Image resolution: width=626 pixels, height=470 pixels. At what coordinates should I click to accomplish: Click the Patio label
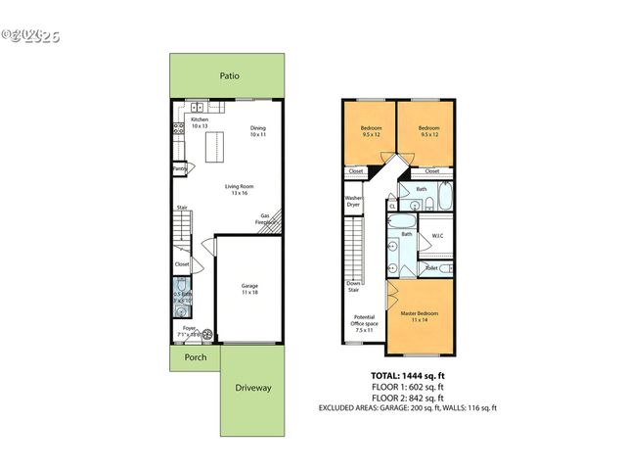(x=229, y=75)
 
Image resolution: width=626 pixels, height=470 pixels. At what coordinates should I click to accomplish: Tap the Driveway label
(x=252, y=388)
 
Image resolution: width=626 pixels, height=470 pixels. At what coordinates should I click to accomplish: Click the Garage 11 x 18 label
(x=249, y=289)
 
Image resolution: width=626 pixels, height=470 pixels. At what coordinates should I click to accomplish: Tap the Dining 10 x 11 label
(x=257, y=130)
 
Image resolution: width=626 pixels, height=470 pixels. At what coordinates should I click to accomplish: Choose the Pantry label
(x=180, y=168)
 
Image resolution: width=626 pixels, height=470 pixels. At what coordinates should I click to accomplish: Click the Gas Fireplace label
(x=264, y=219)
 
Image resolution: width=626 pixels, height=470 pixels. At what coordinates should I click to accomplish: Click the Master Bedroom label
(x=419, y=316)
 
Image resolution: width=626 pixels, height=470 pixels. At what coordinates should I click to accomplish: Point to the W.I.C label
(x=437, y=236)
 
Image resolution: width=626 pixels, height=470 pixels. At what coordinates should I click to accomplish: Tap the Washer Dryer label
(x=353, y=201)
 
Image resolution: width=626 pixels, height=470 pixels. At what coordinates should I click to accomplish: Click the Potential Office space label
(x=363, y=324)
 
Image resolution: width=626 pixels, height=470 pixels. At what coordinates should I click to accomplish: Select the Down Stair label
(x=352, y=286)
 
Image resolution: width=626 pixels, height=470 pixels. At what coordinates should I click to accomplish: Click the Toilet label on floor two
(x=431, y=267)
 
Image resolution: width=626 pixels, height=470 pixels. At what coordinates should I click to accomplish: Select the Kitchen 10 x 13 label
(x=200, y=123)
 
